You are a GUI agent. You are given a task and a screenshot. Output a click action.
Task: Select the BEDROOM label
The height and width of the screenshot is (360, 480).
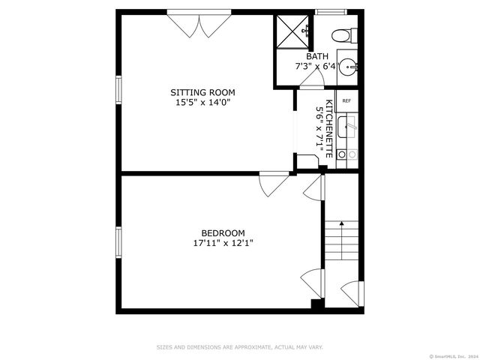click(x=223, y=232)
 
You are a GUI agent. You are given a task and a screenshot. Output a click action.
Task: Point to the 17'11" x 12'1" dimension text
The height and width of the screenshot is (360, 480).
click(x=223, y=243)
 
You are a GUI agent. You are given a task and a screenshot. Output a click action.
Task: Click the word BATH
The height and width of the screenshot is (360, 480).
click(x=316, y=56)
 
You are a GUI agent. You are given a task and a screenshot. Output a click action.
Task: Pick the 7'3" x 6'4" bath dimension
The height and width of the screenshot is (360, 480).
click(x=315, y=67)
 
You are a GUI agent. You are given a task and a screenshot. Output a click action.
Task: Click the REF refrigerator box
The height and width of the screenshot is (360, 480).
click(x=346, y=100)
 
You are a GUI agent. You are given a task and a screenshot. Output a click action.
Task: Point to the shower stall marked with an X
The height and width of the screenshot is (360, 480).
click(x=292, y=31)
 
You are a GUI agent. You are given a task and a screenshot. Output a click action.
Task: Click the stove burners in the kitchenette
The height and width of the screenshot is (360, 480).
click(x=346, y=154)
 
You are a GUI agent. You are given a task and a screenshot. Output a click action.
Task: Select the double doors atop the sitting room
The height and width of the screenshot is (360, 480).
click(x=199, y=24)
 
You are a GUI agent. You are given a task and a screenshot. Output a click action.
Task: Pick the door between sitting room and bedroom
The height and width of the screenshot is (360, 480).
click(x=273, y=183)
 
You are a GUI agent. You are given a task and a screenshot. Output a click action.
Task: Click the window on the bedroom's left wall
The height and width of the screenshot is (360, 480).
click(x=118, y=241)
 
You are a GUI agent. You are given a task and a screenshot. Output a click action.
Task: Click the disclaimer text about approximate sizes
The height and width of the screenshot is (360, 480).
click(x=239, y=347)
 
